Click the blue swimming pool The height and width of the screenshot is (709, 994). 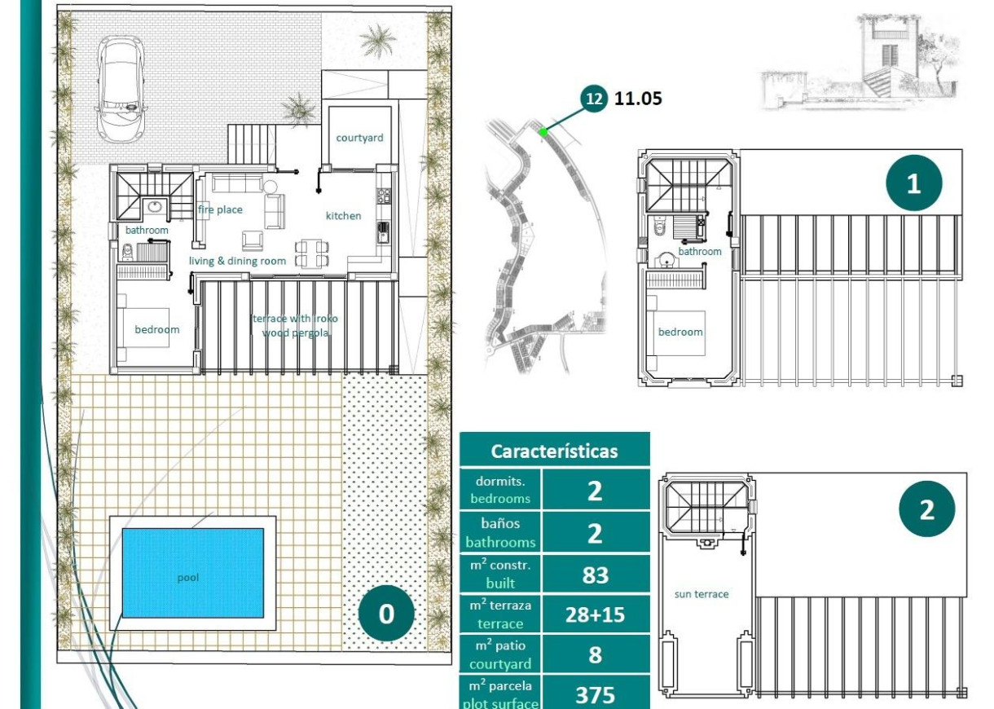pos(192,572)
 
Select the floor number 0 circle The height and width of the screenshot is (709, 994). pos(386,614)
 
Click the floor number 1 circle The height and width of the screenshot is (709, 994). pos(913,183)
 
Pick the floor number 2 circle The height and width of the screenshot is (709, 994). pos(926,511)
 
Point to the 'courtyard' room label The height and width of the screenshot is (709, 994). pos(359,138)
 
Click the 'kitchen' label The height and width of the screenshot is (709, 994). pos(343,215)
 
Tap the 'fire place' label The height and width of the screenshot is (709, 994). pos(220,209)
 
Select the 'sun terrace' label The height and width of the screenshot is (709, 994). pos(702,594)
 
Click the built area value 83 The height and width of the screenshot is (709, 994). pos(596,575)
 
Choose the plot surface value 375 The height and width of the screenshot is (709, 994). pos(596,694)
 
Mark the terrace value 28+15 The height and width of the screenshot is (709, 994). pos(596,614)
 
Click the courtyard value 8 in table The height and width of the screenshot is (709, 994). pos(596,654)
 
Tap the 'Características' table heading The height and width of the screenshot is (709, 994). pos(554,451)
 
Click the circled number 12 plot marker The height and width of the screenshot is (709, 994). pos(594,99)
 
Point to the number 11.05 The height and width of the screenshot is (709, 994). pos(638,99)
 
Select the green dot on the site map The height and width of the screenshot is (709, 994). pos(543,130)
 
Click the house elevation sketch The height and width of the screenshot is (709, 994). pos(864,65)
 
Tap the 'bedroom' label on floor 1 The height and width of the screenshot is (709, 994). pos(680,332)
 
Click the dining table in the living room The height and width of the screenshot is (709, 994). pos(312,253)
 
